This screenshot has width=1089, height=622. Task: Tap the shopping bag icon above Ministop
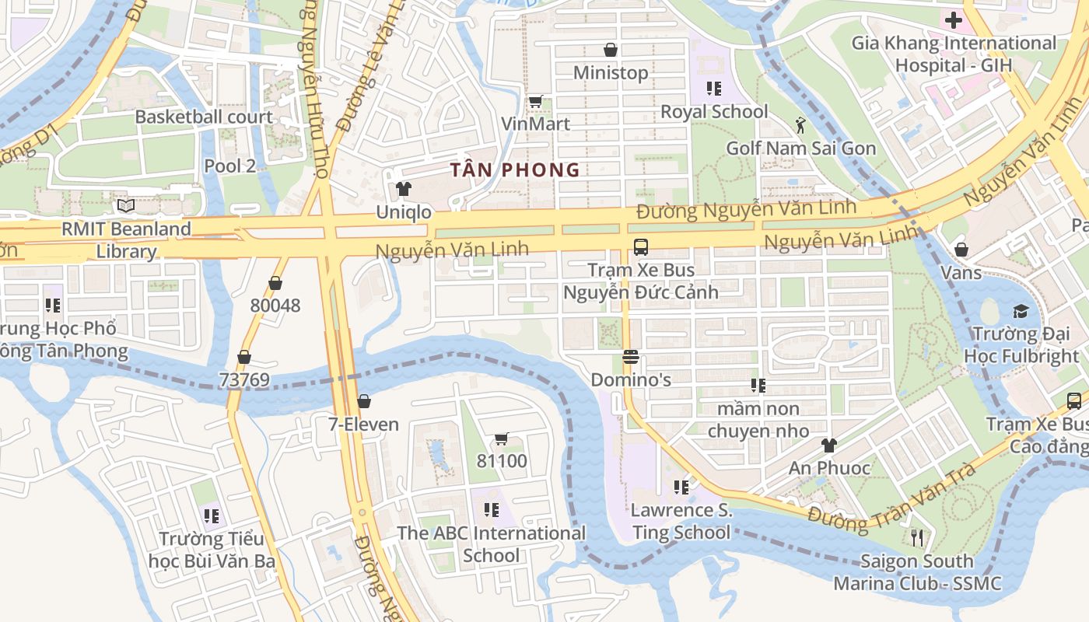point(611,51)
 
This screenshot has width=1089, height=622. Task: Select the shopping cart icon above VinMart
point(535,101)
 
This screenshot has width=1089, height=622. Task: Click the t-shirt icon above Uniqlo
point(403,189)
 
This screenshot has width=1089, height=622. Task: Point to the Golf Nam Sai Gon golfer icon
point(800,124)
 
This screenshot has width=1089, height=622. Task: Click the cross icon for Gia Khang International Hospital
point(953,20)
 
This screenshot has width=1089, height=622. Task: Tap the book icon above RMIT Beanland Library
point(126,206)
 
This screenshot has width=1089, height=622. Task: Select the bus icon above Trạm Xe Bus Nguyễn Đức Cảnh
point(640,247)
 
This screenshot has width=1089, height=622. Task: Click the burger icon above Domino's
point(630,358)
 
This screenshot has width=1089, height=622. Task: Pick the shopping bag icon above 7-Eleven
point(363,401)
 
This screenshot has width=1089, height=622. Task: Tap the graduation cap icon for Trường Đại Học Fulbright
point(1021,312)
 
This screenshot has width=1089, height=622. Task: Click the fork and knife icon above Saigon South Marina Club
point(917,538)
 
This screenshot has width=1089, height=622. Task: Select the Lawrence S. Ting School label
point(681,521)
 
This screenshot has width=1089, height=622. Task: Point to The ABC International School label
point(491,544)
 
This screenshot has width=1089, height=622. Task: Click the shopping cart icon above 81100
point(502,439)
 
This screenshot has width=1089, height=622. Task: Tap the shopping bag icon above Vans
point(961,250)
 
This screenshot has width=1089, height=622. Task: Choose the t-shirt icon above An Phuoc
point(829,446)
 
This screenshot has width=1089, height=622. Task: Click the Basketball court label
point(204,117)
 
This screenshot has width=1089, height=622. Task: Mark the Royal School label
point(714,112)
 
